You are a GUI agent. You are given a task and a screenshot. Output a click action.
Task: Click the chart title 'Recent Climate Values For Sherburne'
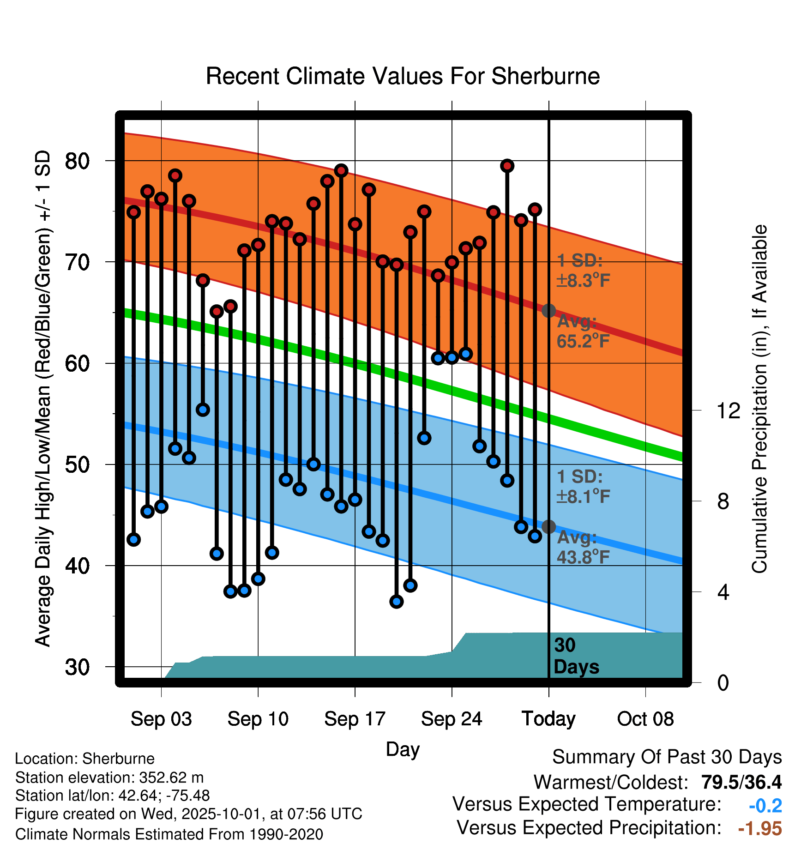[403, 76]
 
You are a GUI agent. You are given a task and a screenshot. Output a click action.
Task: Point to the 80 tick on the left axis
[78, 161]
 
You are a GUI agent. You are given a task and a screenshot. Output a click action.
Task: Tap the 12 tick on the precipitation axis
[728, 410]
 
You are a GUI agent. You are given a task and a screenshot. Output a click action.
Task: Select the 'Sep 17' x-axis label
[355, 719]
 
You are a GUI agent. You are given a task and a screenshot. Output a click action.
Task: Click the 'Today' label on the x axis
[548, 719]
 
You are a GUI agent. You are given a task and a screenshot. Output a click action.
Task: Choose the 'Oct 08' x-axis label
[645, 719]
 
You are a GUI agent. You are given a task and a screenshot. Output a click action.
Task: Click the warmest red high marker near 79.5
[507, 166]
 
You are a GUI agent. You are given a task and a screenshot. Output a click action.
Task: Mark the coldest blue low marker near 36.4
[396, 601]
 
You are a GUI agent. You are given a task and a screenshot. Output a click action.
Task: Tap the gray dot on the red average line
[548, 311]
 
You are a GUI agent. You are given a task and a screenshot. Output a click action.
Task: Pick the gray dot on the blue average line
[548, 527]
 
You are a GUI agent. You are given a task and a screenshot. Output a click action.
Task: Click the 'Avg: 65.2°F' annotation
[583, 331]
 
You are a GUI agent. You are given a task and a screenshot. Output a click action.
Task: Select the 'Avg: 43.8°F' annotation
[583, 547]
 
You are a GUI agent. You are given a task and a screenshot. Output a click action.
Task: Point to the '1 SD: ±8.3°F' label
[583, 271]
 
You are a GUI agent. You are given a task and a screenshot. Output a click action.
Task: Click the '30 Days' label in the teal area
[576, 656]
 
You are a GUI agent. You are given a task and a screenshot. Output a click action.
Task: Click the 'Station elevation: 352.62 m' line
[109, 778]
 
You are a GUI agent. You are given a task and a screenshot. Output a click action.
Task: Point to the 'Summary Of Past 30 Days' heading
[667, 757]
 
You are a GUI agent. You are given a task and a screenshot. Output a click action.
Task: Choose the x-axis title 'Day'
[403, 749]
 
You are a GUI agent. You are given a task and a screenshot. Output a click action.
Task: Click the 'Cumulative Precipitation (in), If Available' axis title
[759, 399]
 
